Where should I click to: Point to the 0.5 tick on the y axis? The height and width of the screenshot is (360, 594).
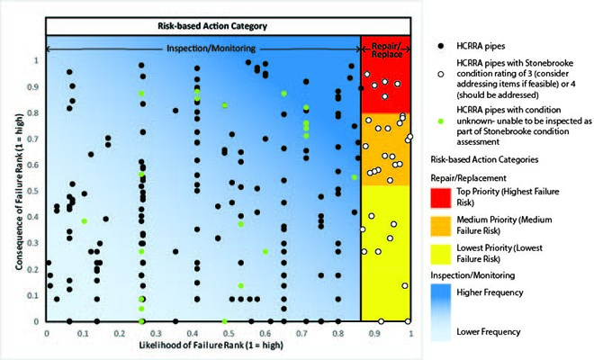37,191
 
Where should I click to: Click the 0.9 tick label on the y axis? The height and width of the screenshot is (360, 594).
37,87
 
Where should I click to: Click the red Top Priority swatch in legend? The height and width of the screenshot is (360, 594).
441,197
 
